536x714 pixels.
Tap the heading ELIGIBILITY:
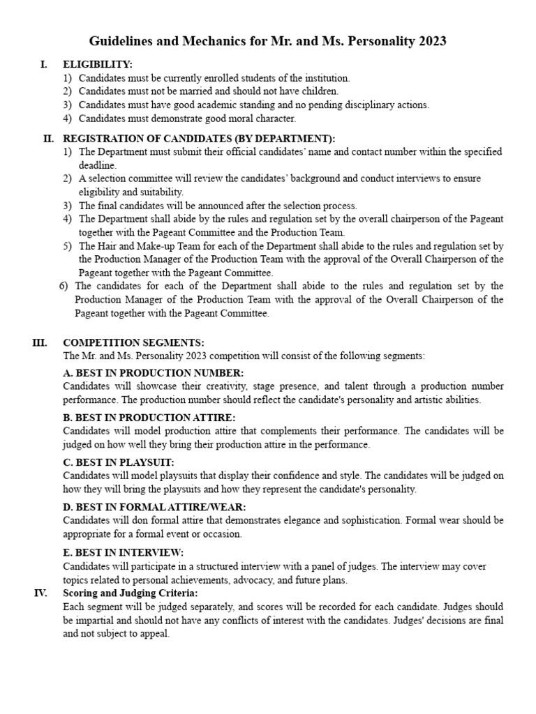coord(98,65)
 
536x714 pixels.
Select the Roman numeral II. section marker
coord(49,138)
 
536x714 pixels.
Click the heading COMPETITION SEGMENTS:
coord(133,342)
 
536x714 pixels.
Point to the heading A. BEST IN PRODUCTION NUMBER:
coord(153,373)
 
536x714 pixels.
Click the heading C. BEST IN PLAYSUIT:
coord(118,462)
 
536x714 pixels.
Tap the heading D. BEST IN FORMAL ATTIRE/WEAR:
coord(154,507)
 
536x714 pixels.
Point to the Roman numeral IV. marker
coord(40,593)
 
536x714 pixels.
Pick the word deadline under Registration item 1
coord(98,165)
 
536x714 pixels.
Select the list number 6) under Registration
coord(64,286)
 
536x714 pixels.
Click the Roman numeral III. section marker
coord(39,342)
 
